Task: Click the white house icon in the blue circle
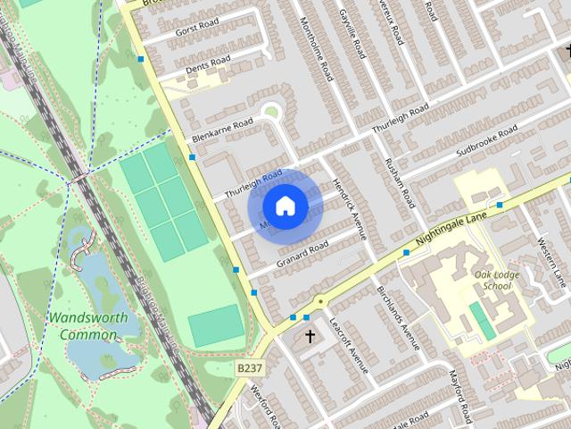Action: click(x=285, y=206)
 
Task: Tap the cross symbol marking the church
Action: click(x=310, y=337)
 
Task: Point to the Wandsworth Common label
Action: click(x=88, y=326)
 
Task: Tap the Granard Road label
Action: click(x=302, y=253)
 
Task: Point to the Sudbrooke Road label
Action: click(x=486, y=142)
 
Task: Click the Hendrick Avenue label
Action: click(x=350, y=207)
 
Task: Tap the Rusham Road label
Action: click(x=395, y=180)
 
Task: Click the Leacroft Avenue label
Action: click(x=348, y=345)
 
